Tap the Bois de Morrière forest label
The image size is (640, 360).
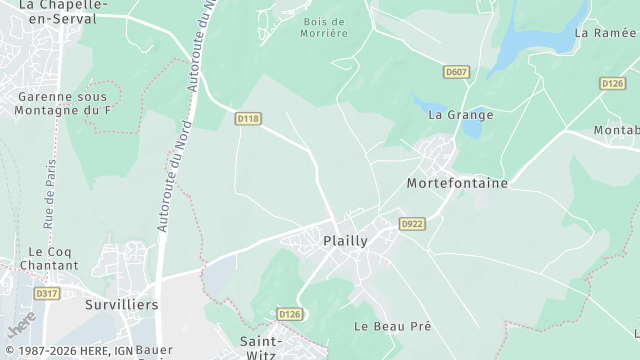pos(324,27)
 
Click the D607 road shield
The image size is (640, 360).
pos(456,72)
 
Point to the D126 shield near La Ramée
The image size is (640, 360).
pos(612,83)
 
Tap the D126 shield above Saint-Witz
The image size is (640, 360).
pos(289,314)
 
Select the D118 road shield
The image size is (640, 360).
pos(248,118)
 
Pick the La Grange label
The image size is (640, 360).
pos(461,115)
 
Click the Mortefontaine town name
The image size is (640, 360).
pos(457,184)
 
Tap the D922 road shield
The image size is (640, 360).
pos(412,224)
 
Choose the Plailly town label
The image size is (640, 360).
pos(345,241)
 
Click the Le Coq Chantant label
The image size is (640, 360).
pos(53,259)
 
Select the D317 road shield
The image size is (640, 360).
pos(46,293)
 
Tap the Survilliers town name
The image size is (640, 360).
pos(121,304)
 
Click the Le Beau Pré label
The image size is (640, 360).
pos(392,327)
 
